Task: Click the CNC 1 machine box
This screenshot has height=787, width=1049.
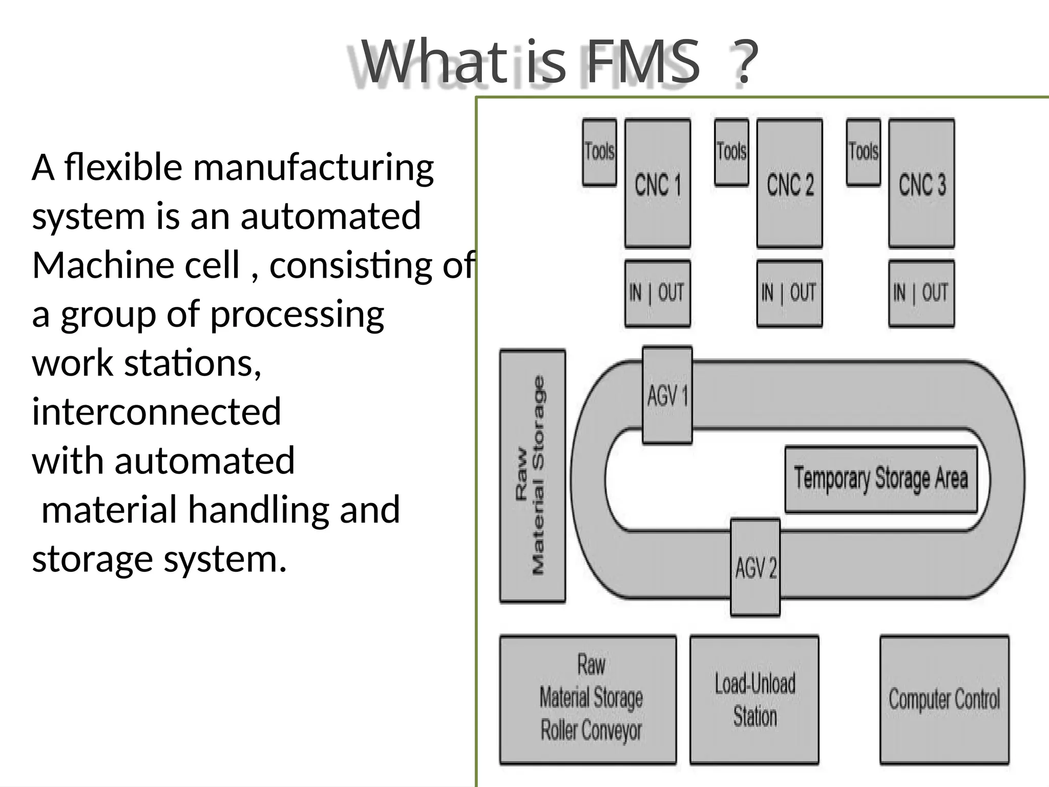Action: [658, 183]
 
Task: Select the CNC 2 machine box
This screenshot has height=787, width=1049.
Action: [789, 183]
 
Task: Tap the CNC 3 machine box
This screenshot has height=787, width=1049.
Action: [921, 183]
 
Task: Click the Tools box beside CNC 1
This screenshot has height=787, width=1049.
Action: [599, 152]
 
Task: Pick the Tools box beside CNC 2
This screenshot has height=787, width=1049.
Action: [731, 152]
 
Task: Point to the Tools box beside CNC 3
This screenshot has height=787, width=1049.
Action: [864, 152]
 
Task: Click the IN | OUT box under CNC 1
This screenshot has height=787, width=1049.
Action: [657, 293]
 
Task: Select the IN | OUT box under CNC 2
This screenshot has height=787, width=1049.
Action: [789, 293]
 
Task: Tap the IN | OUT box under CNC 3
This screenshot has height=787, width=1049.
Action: [921, 293]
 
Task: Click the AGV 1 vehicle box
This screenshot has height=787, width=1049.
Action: [667, 395]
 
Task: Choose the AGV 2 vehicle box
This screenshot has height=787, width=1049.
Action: [756, 567]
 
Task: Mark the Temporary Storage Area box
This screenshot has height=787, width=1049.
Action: [881, 479]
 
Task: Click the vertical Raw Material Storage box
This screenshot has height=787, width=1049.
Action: [533, 476]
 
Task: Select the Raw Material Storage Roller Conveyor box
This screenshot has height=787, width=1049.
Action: [588, 699]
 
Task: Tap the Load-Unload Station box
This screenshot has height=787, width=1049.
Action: [754, 699]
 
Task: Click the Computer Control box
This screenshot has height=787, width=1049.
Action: [945, 699]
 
